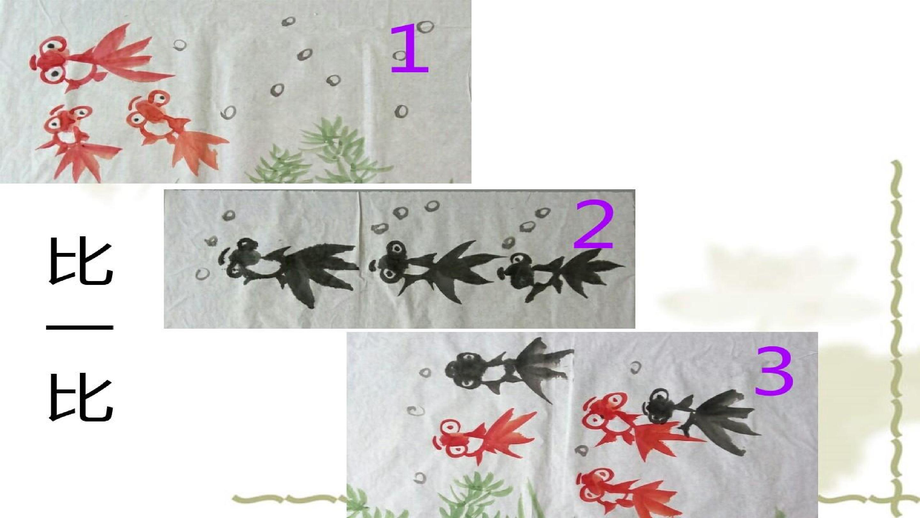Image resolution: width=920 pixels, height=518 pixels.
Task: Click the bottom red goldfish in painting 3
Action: point(629,495)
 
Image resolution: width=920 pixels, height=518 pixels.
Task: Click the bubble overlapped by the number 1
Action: point(401,55)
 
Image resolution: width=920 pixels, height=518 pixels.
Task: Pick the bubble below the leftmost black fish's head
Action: point(202,274)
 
